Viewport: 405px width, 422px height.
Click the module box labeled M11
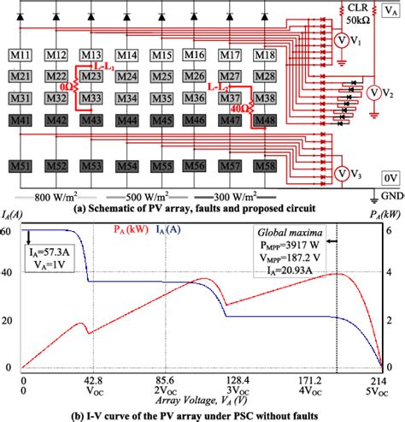click(x=24, y=56)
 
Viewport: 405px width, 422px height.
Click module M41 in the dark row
click(x=24, y=122)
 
